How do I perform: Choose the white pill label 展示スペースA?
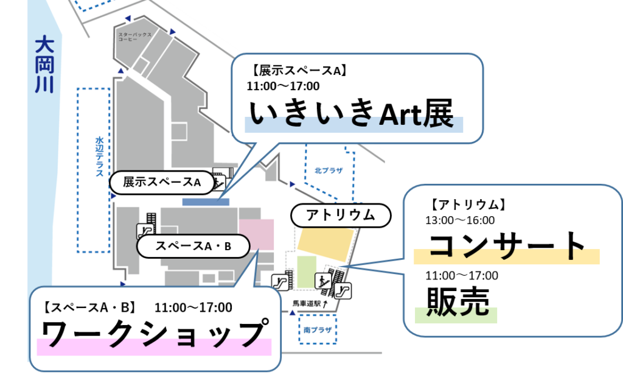[x=162, y=181]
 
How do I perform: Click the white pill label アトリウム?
[x=339, y=214]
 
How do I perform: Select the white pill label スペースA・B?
[x=193, y=247]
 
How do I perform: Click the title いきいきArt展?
[x=352, y=114]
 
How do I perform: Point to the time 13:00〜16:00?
[x=460, y=220]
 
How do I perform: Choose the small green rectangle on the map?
[x=307, y=272]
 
